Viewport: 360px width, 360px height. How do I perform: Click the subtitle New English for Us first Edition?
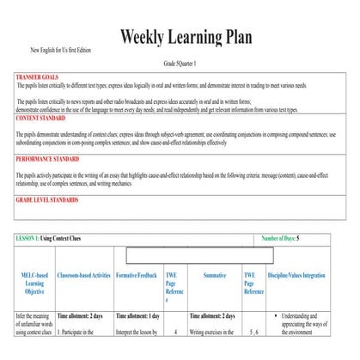[x=61, y=51]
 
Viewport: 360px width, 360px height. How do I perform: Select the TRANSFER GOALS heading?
[x=38, y=77]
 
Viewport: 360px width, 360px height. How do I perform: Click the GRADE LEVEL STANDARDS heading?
[x=47, y=199]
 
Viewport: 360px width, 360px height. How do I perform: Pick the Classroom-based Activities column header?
[x=84, y=275]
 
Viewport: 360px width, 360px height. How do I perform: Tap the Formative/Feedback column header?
[x=137, y=275]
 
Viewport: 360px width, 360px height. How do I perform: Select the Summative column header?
[x=214, y=275]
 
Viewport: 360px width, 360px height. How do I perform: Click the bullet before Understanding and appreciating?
[x=275, y=316]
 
